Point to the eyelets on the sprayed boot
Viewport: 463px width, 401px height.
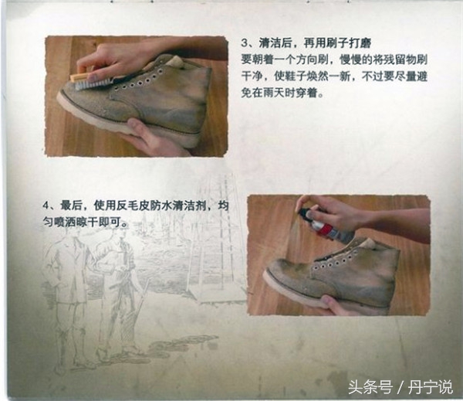click(332, 259)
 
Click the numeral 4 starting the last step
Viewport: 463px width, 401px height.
click(48, 205)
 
